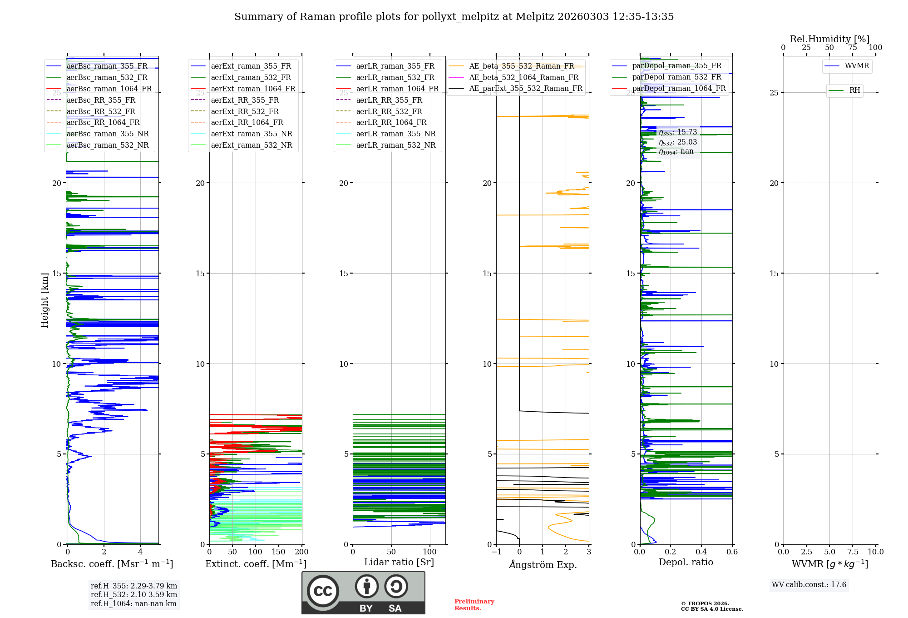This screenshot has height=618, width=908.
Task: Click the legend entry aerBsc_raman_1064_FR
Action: click(109, 89)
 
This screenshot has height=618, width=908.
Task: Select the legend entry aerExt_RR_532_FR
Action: click(245, 111)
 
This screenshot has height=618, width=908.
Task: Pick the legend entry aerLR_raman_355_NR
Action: click(395, 134)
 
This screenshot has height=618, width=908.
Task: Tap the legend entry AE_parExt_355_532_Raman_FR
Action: click(525, 89)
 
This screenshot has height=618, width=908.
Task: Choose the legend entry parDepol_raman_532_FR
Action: click(676, 77)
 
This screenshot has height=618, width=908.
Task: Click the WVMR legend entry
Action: click(857, 66)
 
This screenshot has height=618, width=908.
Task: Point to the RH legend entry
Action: click(854, 90)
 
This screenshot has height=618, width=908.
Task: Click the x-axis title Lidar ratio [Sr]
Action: click(399, 563)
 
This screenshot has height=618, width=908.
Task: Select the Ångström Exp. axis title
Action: click(543, 565)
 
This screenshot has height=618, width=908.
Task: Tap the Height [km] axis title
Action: click(44, 300)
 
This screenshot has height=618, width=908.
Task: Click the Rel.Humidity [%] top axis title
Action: click(829, 39)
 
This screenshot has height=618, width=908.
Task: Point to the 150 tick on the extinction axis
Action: click(279, 552)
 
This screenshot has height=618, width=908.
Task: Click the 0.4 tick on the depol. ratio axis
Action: click(701, 552)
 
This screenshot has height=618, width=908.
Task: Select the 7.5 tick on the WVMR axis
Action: click(853, 552)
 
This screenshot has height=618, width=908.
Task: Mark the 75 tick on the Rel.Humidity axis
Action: click(853, 48)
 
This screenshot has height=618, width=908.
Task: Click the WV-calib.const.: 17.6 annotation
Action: click(809, 585)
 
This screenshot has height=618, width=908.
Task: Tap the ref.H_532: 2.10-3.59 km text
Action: click(134, 595)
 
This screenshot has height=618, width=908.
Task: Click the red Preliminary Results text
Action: click(474, 605)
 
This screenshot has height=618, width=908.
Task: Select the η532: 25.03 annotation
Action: click(678, 142)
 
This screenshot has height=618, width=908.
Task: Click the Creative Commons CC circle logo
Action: click(323, 591)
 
